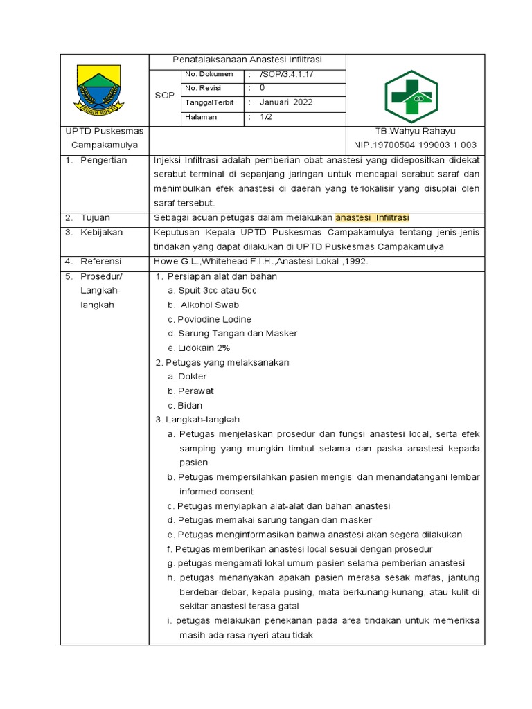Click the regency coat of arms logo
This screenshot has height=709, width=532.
[99, 89]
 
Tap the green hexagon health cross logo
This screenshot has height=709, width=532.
[411, 96]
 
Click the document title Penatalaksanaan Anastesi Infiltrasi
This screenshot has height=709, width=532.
[247, 60]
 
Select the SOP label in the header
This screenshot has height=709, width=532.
[164, 96]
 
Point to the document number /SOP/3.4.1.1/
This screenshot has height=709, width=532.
[285, 74]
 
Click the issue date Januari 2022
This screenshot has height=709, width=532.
[286, 102]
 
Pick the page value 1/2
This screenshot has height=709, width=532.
[267, 117]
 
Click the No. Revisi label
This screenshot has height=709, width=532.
[202, 88]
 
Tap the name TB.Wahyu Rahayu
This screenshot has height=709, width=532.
[415, 131]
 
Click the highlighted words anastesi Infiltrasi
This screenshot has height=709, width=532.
[372, 217]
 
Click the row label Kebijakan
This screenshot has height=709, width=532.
[101, 232]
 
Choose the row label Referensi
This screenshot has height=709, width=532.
[101, 261]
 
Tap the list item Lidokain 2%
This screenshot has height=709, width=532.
[198, 348]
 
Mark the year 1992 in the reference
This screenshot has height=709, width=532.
[355, 261]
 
